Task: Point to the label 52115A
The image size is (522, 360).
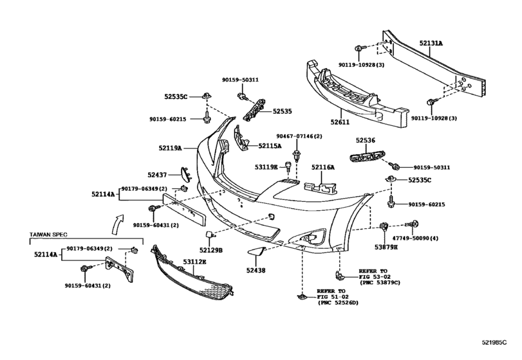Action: (271, 146)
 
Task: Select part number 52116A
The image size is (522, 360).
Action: (323, 167)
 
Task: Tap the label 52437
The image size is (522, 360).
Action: (157, 174)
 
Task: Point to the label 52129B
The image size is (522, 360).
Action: (210, 250)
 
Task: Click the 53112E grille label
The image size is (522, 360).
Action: (194, 260)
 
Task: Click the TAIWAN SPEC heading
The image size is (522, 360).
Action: (50, 235)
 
